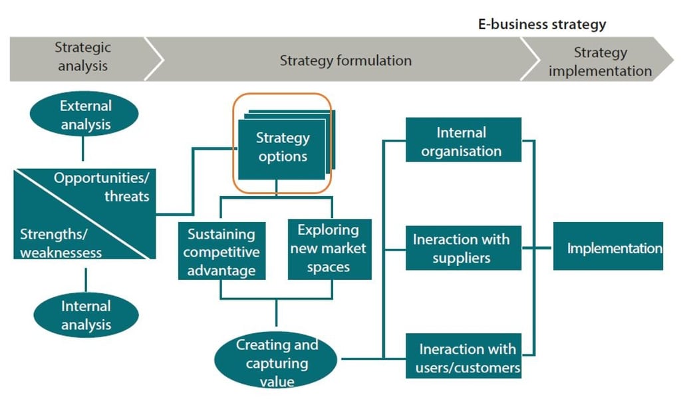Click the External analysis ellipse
84,114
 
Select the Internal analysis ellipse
86,315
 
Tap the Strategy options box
282,149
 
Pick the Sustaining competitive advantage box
221,251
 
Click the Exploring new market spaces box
330,249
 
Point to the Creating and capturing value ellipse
276,360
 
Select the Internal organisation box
464,140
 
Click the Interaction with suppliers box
464,248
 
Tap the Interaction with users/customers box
464,356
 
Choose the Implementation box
608,246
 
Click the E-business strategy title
542,25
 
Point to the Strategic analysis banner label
82,57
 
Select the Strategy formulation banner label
345,61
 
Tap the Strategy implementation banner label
601,62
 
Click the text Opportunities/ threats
102,187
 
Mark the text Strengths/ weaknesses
61,243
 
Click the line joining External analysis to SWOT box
83,148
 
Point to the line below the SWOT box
86,280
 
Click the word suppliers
462,258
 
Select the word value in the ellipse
277,382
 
